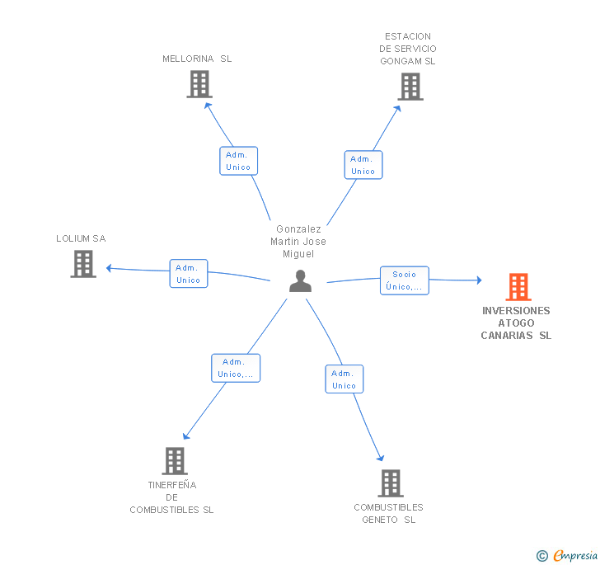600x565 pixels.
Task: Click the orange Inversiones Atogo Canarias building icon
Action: click(x=518, y=287)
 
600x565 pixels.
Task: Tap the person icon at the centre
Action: click(x=300, y=281)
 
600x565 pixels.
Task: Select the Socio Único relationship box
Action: click(x=405, y=280)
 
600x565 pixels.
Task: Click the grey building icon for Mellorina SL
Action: click(x=199, y=84)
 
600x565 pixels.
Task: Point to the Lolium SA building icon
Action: click(x=83, y=264)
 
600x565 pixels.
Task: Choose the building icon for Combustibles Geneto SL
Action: click(x=391, y=483)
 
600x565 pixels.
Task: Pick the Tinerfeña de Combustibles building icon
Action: click(x=175, y=461)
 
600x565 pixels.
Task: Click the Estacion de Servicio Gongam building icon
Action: click(x=410, y=87)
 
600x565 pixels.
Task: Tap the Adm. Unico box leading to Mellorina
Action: click(x=238, y=161)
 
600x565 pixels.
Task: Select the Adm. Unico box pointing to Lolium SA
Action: click(x=189, y=274)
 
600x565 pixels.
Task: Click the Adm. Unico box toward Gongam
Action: click(x=363, y=165)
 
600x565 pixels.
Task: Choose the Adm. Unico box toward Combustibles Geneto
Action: click(x=345, y=379)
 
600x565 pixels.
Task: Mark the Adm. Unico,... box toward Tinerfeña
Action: click(x=236, y=368)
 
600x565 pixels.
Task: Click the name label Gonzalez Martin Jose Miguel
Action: click(x=298, y=242)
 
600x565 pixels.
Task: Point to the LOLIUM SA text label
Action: click(x=81, y=238)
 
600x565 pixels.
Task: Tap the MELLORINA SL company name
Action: click(x=197, y=59)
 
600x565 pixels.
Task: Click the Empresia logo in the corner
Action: click(x=567, y=555)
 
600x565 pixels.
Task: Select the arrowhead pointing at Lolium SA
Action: click(x=109, y=268)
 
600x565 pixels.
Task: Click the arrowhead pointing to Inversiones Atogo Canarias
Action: click(x=479, y=280)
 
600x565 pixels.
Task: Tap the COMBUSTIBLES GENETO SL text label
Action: click(x=389, y=513)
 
